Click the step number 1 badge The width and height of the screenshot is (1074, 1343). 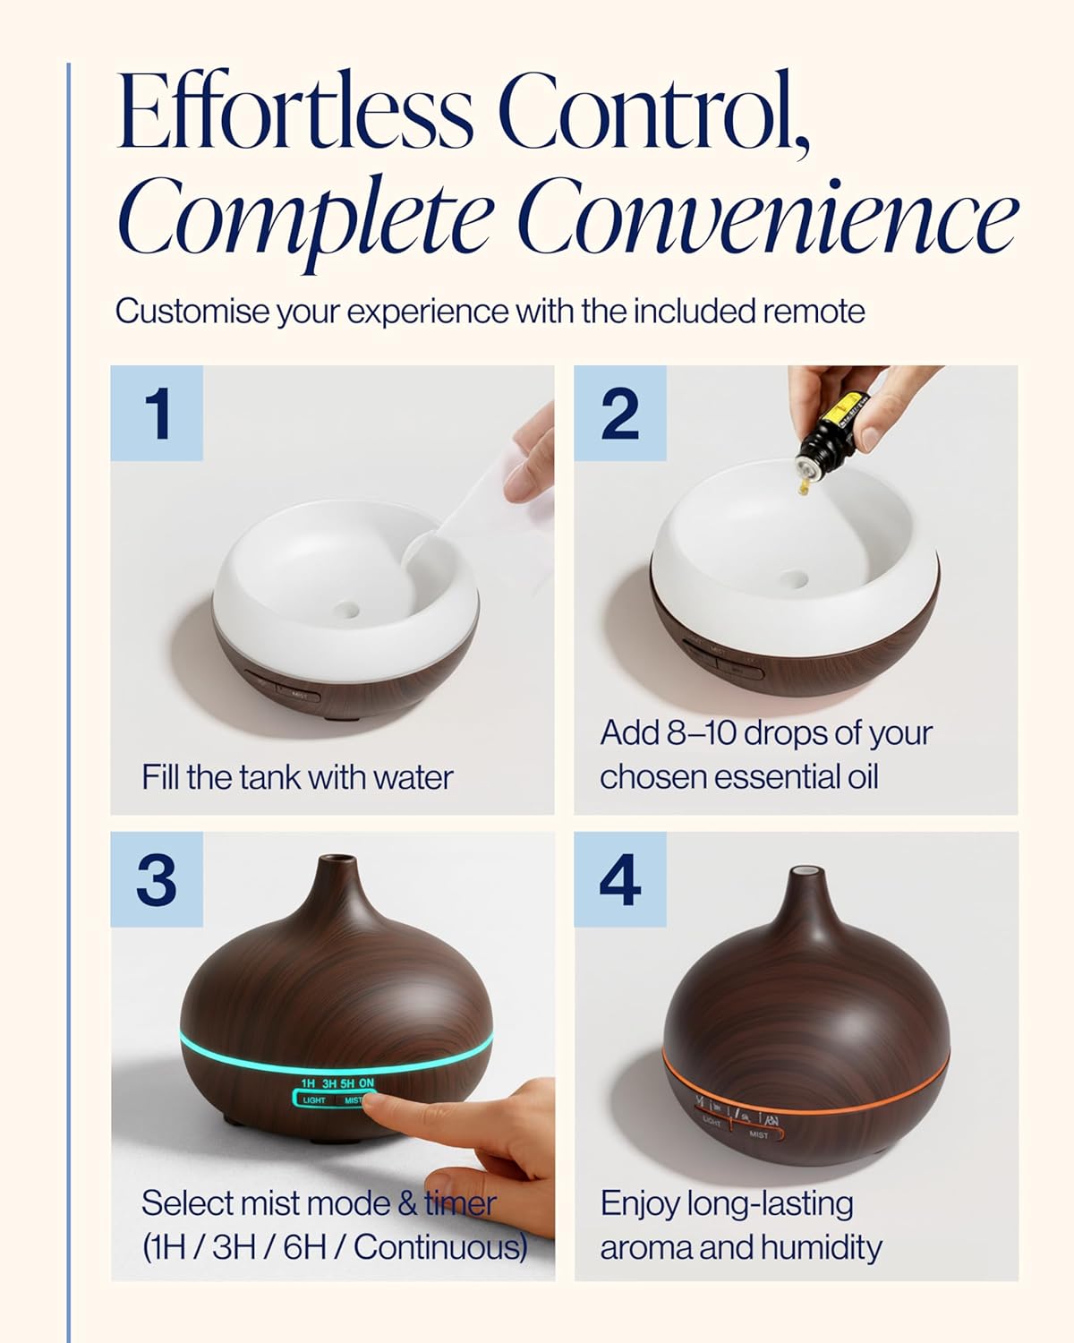coord(158,414)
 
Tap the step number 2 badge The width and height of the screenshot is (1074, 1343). coord(620,414)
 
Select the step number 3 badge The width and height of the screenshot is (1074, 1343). coord(157,880)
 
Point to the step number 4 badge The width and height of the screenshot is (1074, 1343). coord(620,880)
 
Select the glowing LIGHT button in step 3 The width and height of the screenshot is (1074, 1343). coord(315,1099)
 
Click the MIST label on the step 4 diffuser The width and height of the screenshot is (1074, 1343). coord(758,1134)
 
